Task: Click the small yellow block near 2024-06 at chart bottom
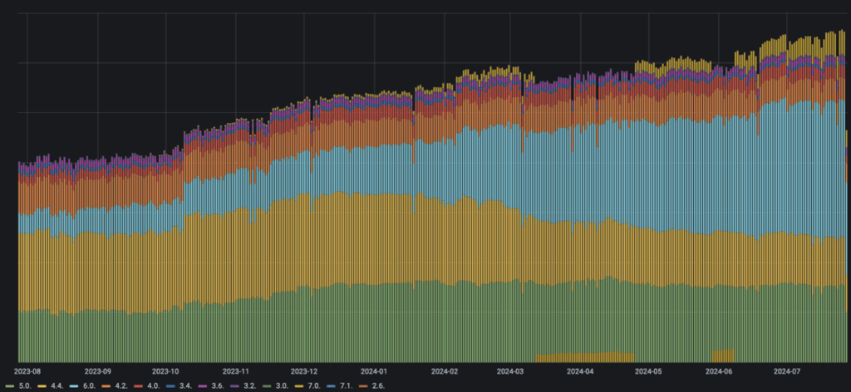722,355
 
